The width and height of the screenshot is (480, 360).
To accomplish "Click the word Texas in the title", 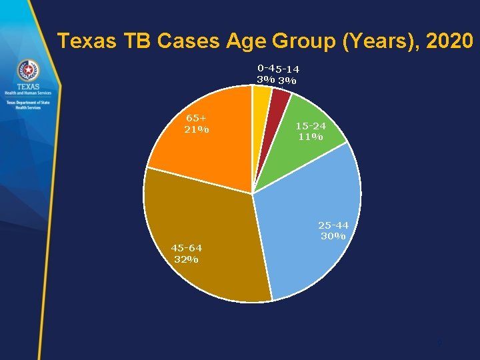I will click(83, 41).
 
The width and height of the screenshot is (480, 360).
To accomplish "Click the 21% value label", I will click(197, 129).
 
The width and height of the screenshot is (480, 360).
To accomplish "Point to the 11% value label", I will click(311, 137).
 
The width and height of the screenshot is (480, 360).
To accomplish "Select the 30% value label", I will click(333, 236).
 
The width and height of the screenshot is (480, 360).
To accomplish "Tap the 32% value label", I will click(185, 259).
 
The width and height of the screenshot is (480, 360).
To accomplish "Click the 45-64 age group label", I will click(186, 249).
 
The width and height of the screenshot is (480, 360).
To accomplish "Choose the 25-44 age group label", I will click(333, 225).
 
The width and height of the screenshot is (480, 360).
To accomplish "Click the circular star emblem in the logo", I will click(28, 70).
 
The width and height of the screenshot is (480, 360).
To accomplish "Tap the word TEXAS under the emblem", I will click(28, 87).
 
